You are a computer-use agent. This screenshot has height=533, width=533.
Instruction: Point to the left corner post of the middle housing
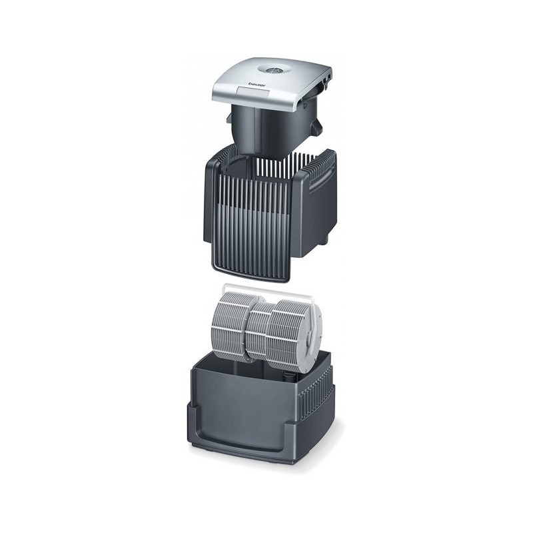pos(213,207)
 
